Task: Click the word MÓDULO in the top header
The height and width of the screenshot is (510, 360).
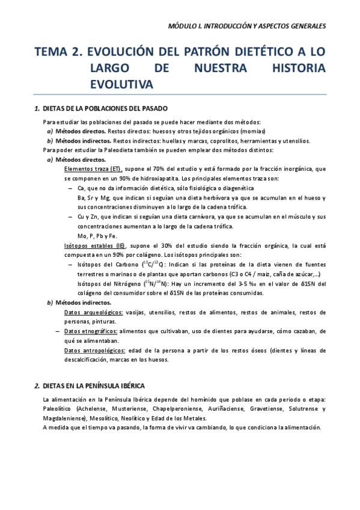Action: pos(183,26)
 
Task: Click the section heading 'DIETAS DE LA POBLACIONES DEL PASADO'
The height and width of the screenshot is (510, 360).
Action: pos(110,109)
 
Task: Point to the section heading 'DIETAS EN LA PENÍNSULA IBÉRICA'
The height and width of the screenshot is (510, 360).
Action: pos(101,386)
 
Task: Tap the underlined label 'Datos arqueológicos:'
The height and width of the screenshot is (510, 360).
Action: pos(93,312)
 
